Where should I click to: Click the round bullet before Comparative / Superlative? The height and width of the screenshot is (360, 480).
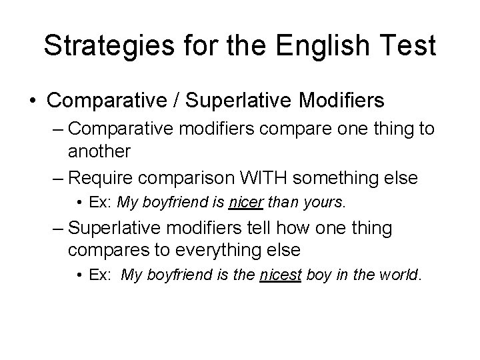[x=32, y=101]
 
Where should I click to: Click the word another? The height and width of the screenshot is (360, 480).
[x=99, y=151]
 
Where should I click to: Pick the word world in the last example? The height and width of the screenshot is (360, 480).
[x=401, y=275]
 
